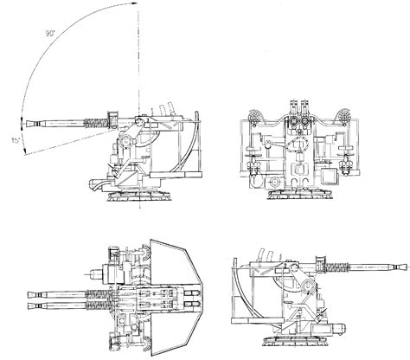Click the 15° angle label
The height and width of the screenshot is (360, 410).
pos(16,140)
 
